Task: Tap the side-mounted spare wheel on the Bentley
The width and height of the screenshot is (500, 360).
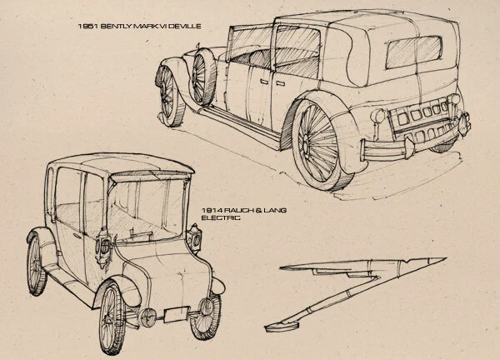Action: tap(204, 77)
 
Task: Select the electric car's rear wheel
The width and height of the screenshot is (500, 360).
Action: tap(37, 267)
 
